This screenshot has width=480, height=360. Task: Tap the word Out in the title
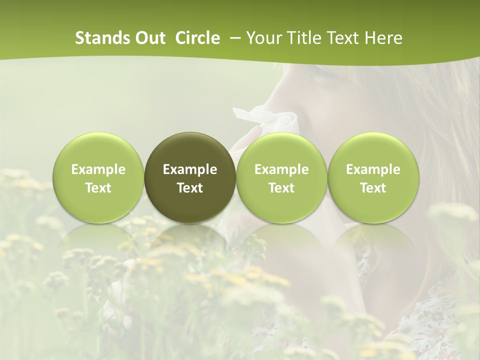pyautogui.click(x=150, y=38)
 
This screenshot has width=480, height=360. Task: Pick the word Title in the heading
pyautogui.click(x=306, y=38)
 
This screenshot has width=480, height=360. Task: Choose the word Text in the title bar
pyautogui.click(x=347, y=38)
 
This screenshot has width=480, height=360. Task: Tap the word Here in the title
pyautogui.click(x=385, y=38)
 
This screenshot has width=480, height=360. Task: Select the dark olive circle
pyautogui.click(x=190, y=177)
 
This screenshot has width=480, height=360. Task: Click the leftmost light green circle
pyautogui.click(x=98, y=177)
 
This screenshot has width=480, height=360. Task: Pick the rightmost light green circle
pyautogui.click(x=373, y=177)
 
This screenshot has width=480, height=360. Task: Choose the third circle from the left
pyautogui.click(x=281, y=177)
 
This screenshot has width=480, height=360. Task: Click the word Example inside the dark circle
pyautogui.click(x=190, y=169)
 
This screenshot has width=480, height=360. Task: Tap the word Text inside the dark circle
pyautogui.click(x=190, y=188)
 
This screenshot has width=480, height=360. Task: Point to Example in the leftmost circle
pyautogui.click(x=98, y=169)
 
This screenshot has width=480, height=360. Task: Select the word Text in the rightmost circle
pyautogui.click(x=373, y=188)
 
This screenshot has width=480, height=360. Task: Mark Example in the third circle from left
pyautogui.click(x=281, y=169)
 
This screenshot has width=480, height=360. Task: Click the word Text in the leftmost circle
pyautogui.click(x=98, y=188)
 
